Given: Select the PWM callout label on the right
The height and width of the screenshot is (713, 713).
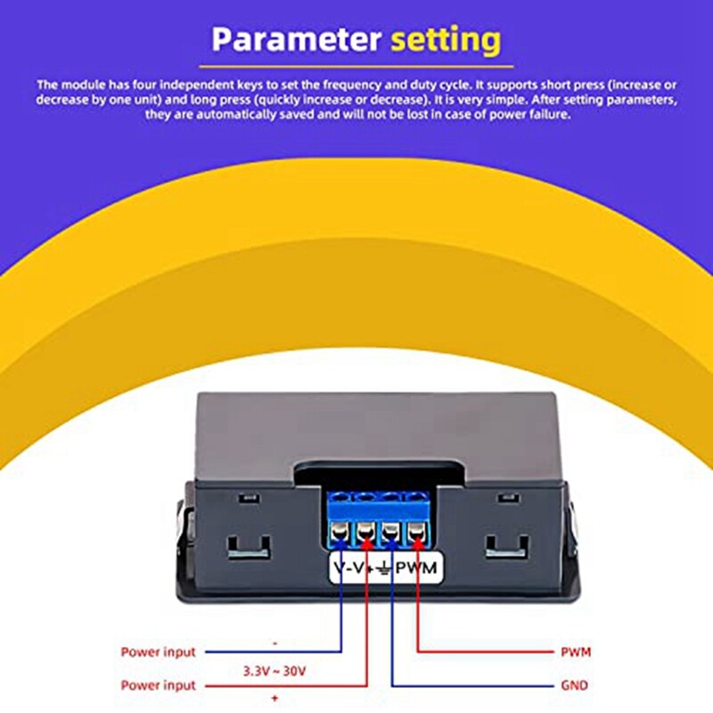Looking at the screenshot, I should point(576,652).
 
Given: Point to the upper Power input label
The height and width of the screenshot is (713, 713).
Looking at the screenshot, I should point(158,652).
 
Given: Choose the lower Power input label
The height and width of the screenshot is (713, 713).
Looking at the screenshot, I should point(158,685).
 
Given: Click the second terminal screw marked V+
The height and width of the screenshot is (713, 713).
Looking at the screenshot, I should point(366,536).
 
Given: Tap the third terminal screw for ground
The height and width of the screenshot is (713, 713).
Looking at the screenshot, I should point(391,536).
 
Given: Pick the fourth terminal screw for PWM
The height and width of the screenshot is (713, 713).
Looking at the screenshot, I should point(416,536).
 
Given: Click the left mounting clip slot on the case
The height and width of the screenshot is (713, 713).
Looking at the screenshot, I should point(248,545).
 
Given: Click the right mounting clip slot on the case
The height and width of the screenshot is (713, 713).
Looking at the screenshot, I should point(508,545).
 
